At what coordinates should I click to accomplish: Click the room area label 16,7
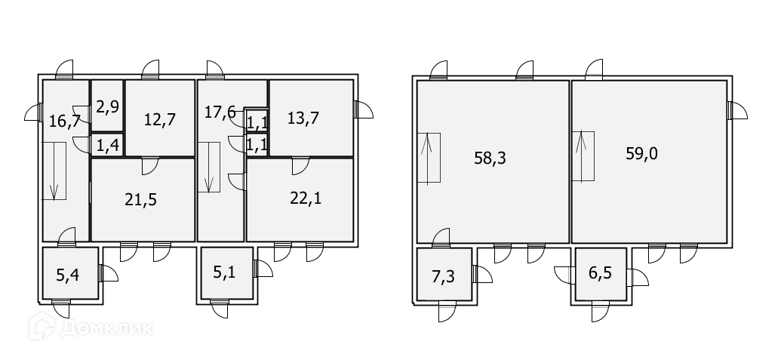[64, 121]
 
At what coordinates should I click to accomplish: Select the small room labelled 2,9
[107, 106]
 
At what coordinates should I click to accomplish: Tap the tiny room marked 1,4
[108, 146]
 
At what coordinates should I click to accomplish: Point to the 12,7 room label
[159, 119]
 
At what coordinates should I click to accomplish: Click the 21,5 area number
[140, 200]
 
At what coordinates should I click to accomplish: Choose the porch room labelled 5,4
[67, 275]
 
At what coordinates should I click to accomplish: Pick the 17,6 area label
[220, 112]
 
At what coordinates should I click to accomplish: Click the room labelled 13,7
[303, 118]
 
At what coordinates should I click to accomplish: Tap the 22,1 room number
[306, 198]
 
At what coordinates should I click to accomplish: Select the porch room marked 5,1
[224, 273]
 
